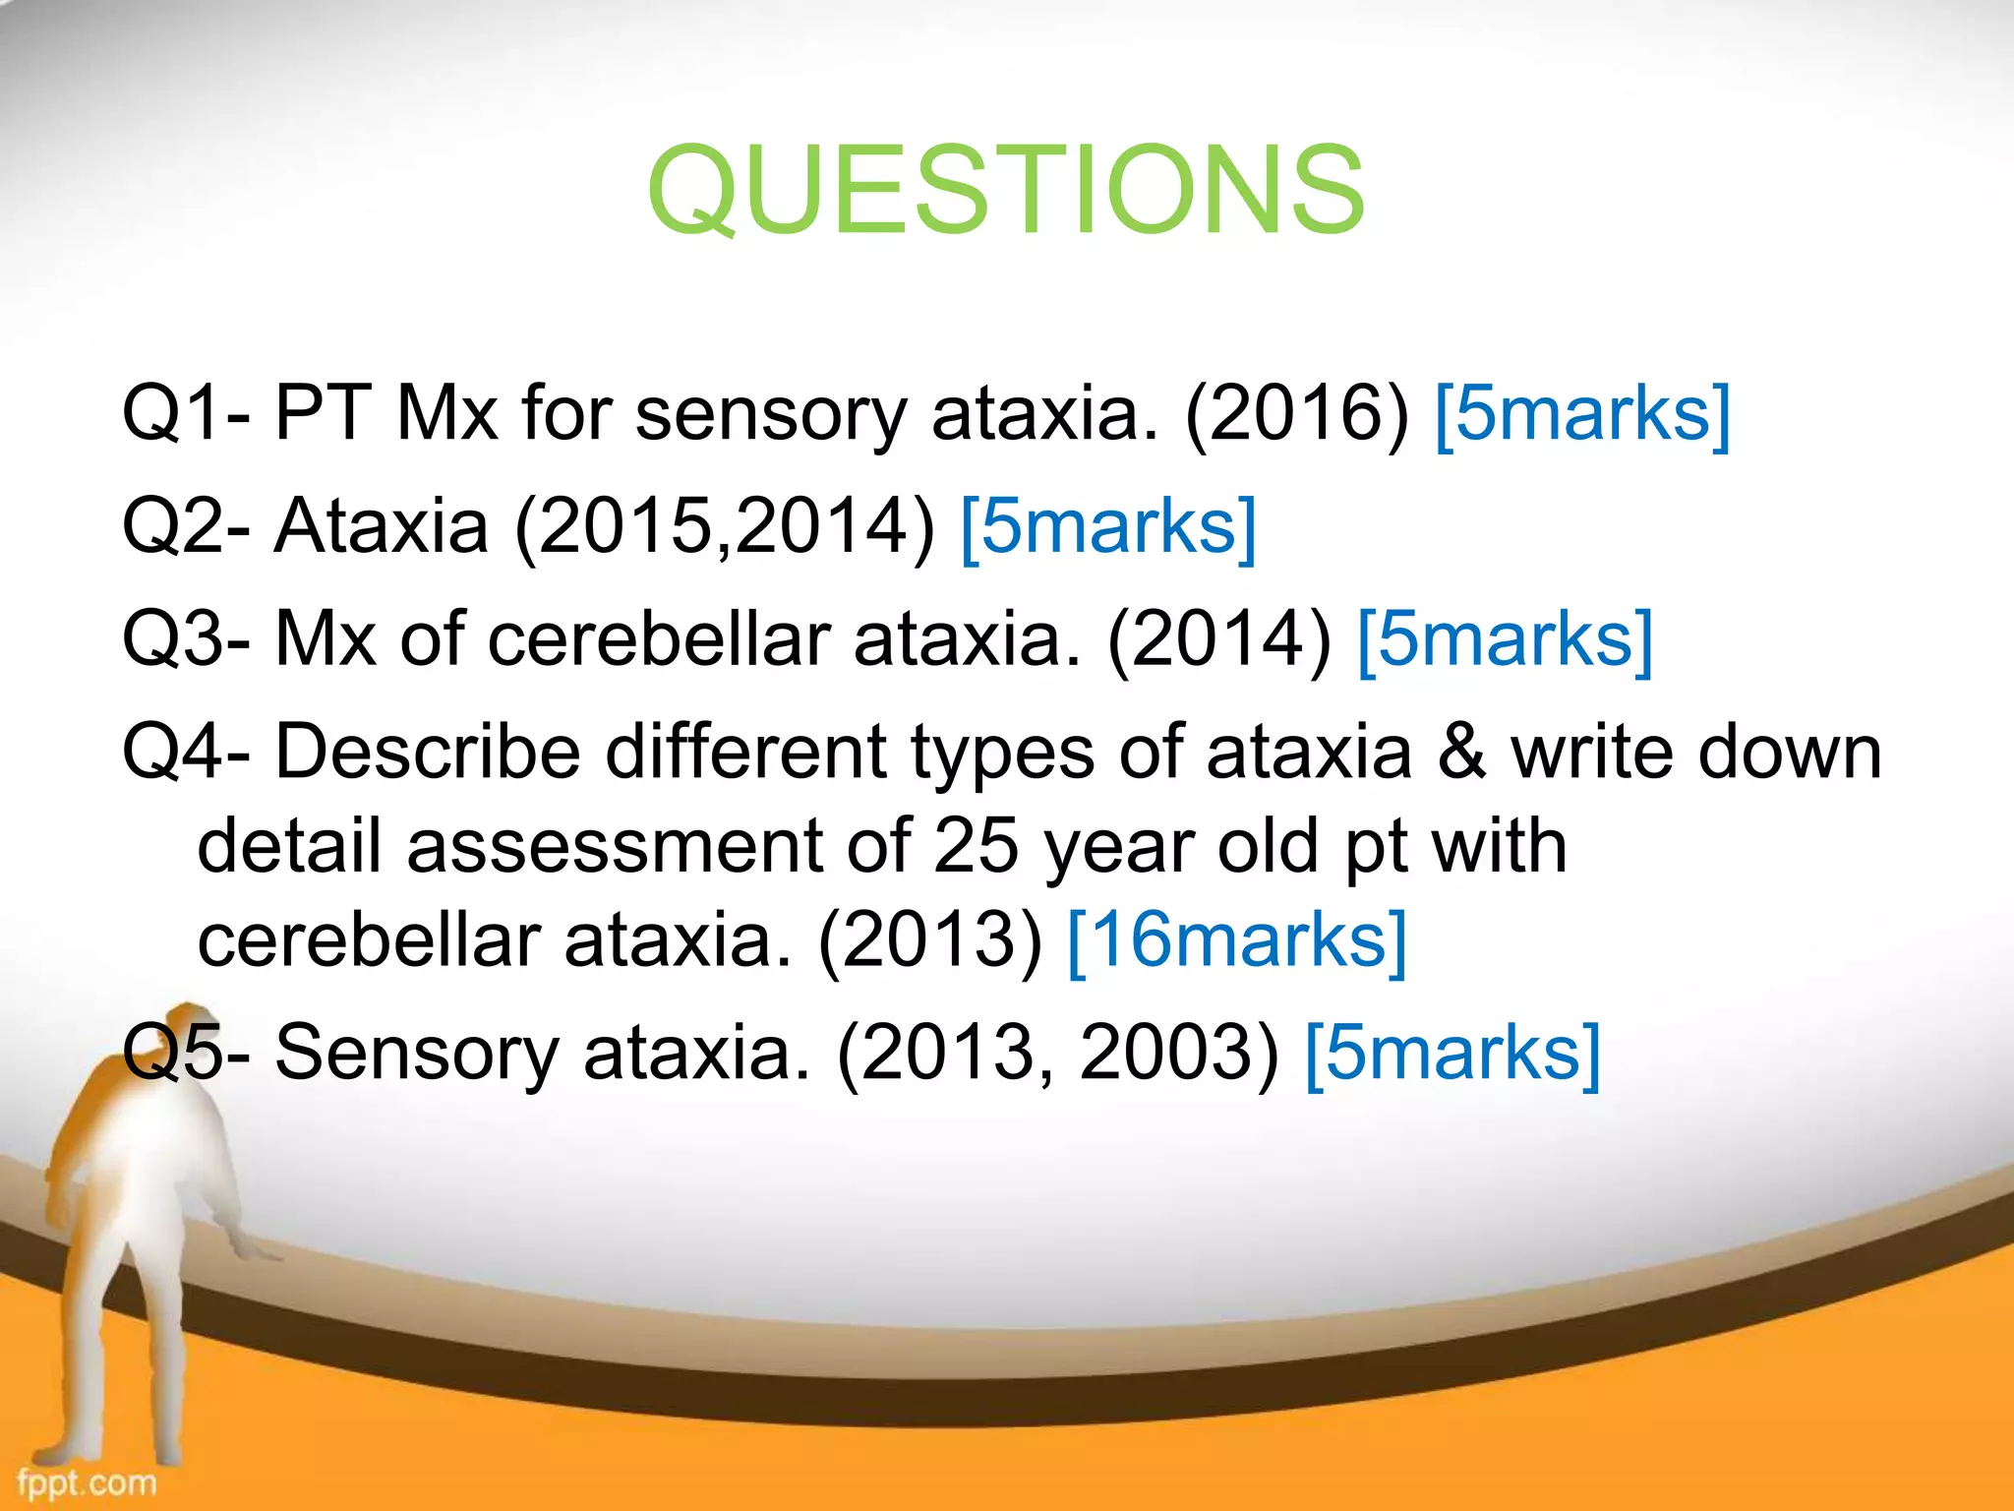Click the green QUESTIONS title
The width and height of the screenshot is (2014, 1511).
[1005, 190]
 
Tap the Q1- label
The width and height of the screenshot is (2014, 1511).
[186, 413]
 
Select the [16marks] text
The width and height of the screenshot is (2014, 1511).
[1237, 941]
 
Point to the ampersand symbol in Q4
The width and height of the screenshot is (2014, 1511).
[1461, 753]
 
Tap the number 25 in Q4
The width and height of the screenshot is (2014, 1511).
[976, 846]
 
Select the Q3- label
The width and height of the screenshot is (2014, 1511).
[186, 639]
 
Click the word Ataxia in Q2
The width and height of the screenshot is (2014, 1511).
[382, 526]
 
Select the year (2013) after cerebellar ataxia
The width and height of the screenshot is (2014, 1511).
[930, 941]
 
